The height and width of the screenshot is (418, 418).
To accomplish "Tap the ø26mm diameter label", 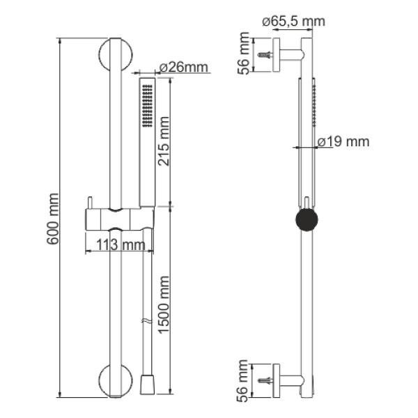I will click(184, 68).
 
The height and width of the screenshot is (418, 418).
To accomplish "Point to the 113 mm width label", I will click(116, 245).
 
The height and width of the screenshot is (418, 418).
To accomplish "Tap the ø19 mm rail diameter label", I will click(342, 142).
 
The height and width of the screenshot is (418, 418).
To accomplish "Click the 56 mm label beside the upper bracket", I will click(244, 51).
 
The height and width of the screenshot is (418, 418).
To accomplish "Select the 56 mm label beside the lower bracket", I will click(244, 380).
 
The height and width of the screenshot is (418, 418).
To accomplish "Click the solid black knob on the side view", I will click(306, 220).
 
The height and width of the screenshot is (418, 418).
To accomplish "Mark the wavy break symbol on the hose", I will click(145, 323).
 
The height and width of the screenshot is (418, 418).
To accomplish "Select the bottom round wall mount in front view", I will click(114, 380).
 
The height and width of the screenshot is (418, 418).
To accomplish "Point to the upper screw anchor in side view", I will click(265, 54).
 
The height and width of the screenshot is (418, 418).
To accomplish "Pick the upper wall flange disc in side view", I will click(277, 54).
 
